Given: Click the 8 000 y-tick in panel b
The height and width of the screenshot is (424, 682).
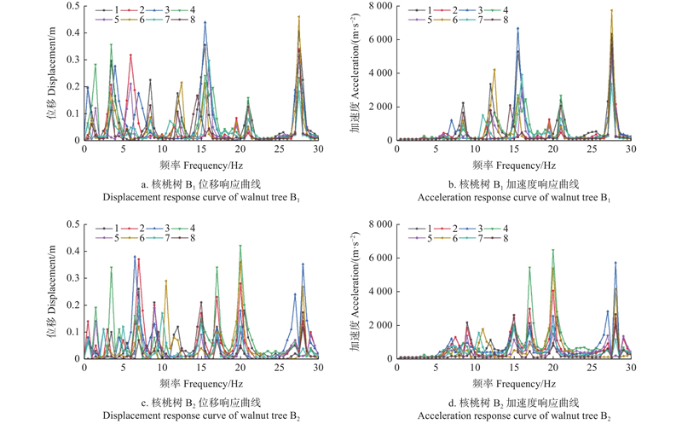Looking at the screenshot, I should [375, 7].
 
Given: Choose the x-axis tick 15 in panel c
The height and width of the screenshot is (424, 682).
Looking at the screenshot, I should [201, 368].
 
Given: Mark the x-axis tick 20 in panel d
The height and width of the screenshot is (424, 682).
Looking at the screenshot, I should [553, 368].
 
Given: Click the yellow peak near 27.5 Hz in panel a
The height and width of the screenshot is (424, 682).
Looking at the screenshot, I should [299, 16].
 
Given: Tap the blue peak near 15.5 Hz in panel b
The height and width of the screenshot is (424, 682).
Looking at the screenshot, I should [517, 28].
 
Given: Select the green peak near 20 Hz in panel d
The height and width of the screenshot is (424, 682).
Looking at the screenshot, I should [553, 250].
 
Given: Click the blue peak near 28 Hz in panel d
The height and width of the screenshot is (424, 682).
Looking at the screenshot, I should [616, 263].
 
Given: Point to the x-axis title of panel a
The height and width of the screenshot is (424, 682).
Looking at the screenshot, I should [200, 162].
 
